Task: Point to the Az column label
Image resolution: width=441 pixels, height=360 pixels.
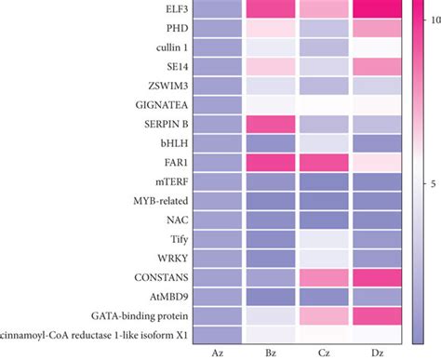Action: pos(216,353)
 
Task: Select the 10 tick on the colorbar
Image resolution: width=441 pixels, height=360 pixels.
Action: pos(429,19)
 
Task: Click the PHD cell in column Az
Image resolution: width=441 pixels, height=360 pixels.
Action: pos(216,28)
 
